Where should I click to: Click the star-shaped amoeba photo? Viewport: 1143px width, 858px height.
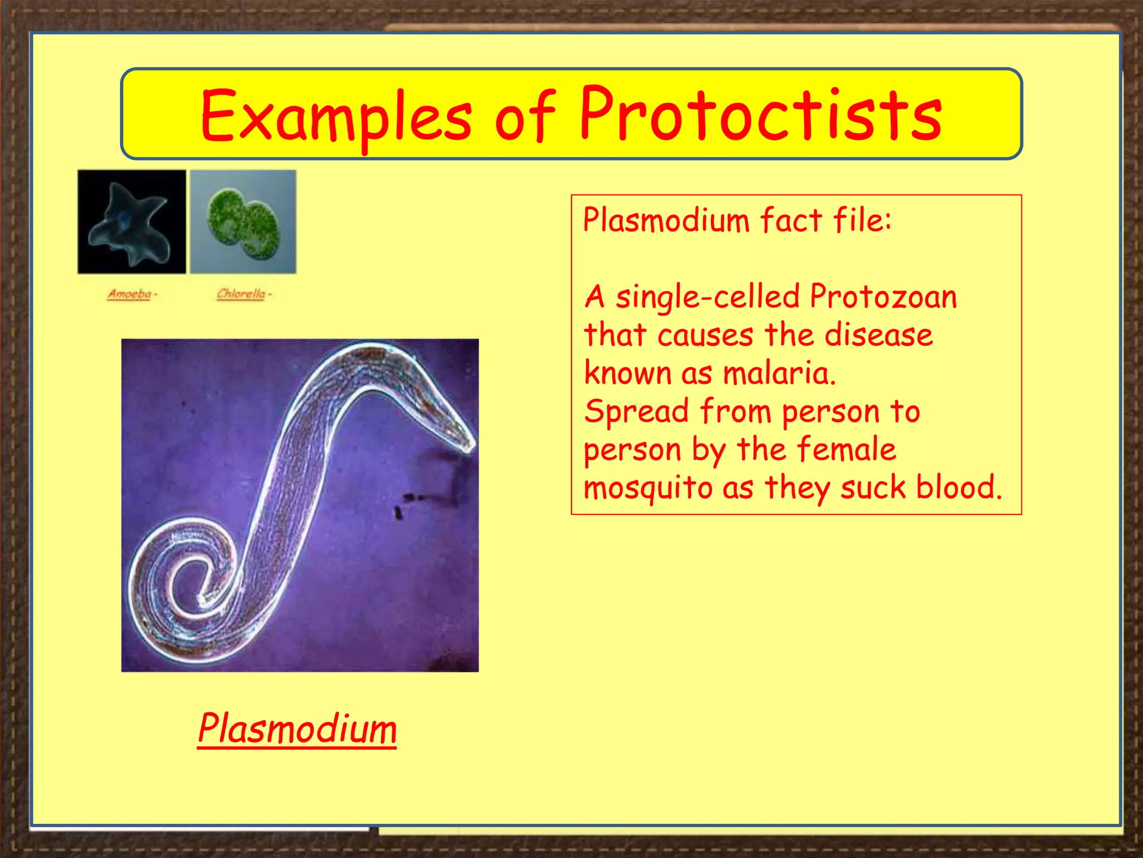(132, 222)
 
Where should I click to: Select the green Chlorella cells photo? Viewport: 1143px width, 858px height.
(243, 222)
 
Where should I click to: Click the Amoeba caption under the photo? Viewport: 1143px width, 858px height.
(130, 294)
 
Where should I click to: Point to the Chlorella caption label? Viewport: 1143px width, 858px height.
(241, 294)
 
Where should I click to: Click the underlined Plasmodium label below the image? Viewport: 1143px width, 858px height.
(297, 730)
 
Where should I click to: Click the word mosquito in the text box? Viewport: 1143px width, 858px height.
(648, 488)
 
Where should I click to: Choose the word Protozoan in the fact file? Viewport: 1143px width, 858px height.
(883, 297)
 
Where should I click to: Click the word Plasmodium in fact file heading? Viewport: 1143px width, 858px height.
(666, 220)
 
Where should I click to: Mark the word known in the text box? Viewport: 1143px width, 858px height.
(627, 373)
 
